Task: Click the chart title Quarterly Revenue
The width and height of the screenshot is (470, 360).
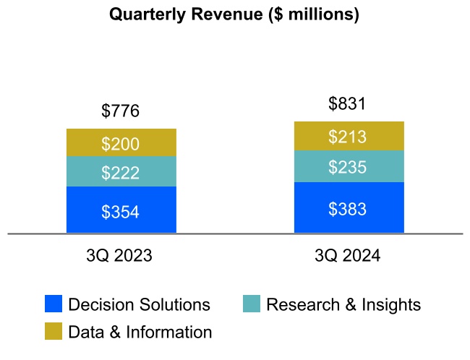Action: [234, 14]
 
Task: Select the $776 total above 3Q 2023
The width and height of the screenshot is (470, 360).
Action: [120, 111]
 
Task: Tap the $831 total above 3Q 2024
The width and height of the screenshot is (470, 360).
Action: [347, 104]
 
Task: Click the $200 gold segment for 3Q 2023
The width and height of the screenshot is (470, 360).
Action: [121, 143]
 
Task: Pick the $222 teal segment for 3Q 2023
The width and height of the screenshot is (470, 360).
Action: [121, 172]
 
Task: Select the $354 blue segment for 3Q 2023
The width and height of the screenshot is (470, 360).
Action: [121, 211]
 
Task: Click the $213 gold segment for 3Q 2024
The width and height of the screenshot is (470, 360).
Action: [348, 137]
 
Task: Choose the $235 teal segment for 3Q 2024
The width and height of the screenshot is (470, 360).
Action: [348, 167]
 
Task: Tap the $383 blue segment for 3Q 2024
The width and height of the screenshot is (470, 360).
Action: [348, 208]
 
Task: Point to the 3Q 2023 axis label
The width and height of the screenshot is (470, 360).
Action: [120, 257]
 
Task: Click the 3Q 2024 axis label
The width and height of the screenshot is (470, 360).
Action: [348, 257]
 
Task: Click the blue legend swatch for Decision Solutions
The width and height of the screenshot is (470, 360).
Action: [54, 304]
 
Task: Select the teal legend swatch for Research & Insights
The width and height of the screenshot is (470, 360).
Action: [251, 304]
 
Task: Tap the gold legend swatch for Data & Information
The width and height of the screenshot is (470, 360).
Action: [54, 332]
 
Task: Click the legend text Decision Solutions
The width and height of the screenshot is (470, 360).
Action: [139, 305]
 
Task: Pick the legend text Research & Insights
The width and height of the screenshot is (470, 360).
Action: [343, 305]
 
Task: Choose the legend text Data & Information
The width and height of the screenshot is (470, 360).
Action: [140, 333]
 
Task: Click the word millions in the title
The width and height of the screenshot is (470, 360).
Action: [319, 14]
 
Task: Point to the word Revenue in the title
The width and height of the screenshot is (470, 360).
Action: [231, 14]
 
